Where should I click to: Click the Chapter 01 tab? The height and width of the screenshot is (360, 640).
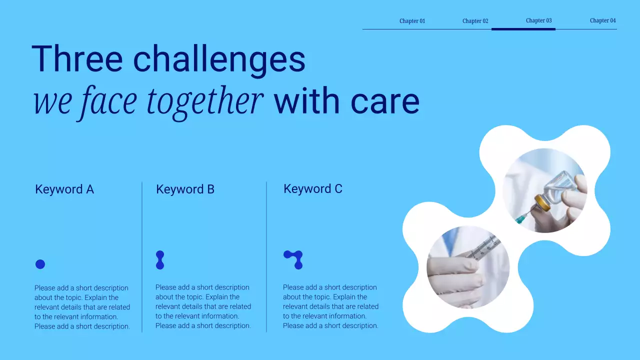pyautogui.click(x=412, y=21)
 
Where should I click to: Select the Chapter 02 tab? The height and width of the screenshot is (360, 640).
pyautogui.click(x=475, y=21)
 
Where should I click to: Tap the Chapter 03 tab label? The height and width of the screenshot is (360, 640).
pyautogui.click(x=538, y=20)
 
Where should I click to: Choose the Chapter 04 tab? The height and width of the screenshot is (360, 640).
pyautogui.click(x=602, y=20)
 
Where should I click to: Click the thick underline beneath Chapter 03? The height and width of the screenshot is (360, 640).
pyautogui.click(x=523, y=29)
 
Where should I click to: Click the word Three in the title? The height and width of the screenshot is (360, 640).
pyautogui.click(x=76, y=59)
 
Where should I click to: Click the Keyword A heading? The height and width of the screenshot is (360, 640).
pyautogui.click(x=64, y=189)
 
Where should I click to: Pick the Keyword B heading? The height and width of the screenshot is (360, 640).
pyautogui.click(x=185, y=189)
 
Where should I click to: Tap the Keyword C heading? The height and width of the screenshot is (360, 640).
pyautogui.click(x=312, y=189)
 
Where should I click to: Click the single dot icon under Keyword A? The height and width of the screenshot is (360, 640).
pyautogui.click(x=40, y=264)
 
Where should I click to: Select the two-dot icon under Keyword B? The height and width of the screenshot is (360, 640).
pyautogui.click(x=160, y=260)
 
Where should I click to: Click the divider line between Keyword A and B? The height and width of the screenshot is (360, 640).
pyautogui.click(x=142, y=257)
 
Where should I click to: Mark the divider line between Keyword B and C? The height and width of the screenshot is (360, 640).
pyautogui.click(x=266, y=257)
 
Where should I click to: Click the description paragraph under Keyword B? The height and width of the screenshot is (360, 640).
pyautogui.click(x=203, y=306)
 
